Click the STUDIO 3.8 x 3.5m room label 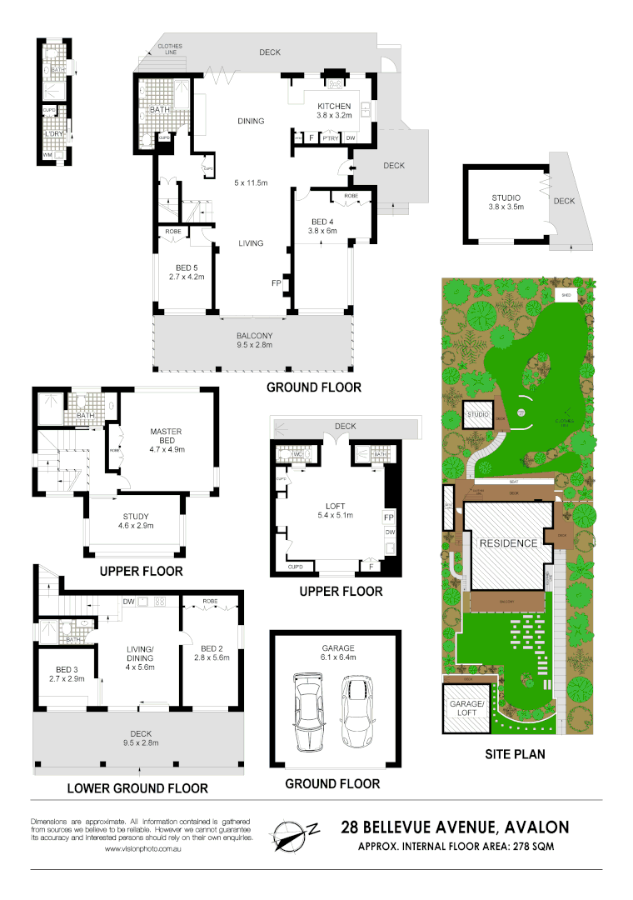coord(506,202)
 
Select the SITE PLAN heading coord(514,755)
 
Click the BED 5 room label coord(186,270)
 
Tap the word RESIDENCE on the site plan coord(507,543)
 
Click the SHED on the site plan coord(566,295)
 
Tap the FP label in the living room coord(276,283)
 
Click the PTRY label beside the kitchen coord(329,138)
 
